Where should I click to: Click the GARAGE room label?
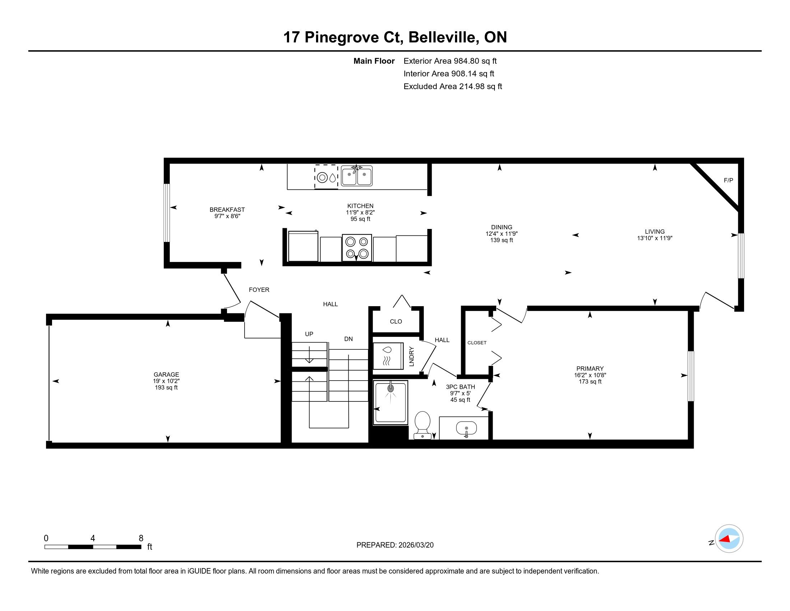[x=166, y=375]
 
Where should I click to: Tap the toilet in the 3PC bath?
[x=422, y=425]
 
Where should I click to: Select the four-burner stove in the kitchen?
[x=357, y=248]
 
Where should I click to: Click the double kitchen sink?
[x=357, y=176]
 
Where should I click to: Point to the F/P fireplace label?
[x=728, y=180]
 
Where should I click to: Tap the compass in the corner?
[x=729, y=539]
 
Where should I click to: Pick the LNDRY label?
[x=411, y=357]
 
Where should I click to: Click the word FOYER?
[x=259, y=290]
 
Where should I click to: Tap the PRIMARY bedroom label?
[x=590, y=368]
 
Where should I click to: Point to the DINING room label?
[x=501, y=227]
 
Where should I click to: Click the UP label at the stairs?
[x=309, y=334]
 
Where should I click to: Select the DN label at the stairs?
[x=348, y=339]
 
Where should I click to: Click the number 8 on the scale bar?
[x=141, y=538]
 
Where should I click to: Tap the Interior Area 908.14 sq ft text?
[x=449, y=74]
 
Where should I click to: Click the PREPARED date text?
[x=395, y=545]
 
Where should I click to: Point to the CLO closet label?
[x=396, y=321]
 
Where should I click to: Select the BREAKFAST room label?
[x=227, y=210]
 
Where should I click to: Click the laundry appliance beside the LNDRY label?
[x=388, y=356]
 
